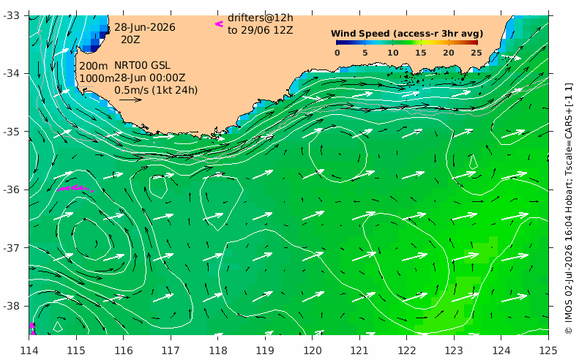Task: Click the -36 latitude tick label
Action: [12, 190]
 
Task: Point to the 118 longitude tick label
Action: [217, 350]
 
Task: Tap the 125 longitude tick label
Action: [548, 350]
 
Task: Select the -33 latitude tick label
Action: [12, 15]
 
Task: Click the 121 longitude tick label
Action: [359, 350]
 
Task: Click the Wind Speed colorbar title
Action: [407, 34]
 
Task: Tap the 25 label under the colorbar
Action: [477, 53]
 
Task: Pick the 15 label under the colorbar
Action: [421, 53]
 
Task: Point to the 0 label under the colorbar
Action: [337, 53]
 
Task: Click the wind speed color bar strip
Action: [407, 42]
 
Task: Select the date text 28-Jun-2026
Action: [145, 27]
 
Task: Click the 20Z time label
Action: [130, 40]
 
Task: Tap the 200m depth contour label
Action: [94, 66]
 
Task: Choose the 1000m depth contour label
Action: [97, 78]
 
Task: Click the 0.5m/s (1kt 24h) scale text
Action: [156, 90]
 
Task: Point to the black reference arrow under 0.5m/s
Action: [130, 100]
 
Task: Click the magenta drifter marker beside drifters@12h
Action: [220, 24]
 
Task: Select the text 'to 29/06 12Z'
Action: [261, 30]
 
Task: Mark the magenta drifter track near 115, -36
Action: [75, 188]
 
